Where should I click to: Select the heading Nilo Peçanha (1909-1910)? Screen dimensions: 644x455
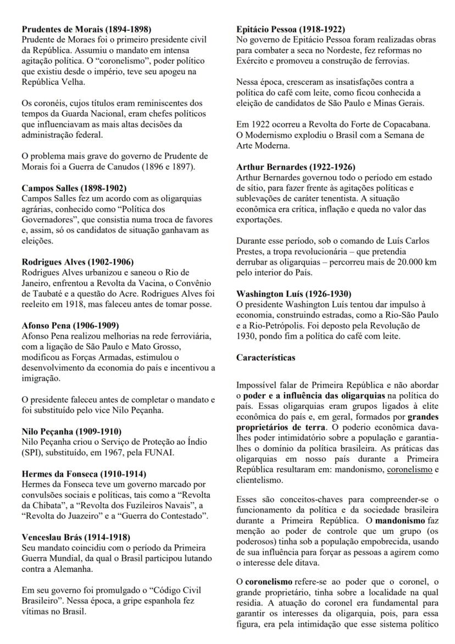(71, 431)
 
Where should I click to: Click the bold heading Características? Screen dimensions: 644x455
(266, 357)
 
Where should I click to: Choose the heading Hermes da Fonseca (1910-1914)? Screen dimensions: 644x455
(80, 473)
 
